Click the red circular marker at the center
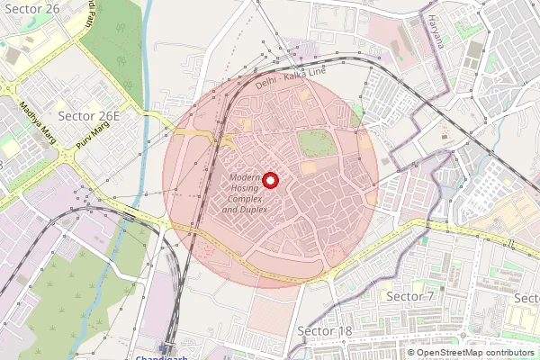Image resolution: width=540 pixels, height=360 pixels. click(x=269, y=181)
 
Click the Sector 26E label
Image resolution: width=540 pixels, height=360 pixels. click(x=88, y=116)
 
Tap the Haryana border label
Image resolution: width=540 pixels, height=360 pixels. click(x=436, y=30)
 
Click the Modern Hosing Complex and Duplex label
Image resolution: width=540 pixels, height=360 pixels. click(x=245, y=193)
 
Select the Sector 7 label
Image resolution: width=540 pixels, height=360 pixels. click(x=409, y=296)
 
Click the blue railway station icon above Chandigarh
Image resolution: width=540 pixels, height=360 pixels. click(x=165, y=346)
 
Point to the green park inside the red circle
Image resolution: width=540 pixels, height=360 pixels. click(x=315, y=142)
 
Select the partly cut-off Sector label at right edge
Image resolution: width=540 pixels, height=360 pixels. click(x=526, y=297)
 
